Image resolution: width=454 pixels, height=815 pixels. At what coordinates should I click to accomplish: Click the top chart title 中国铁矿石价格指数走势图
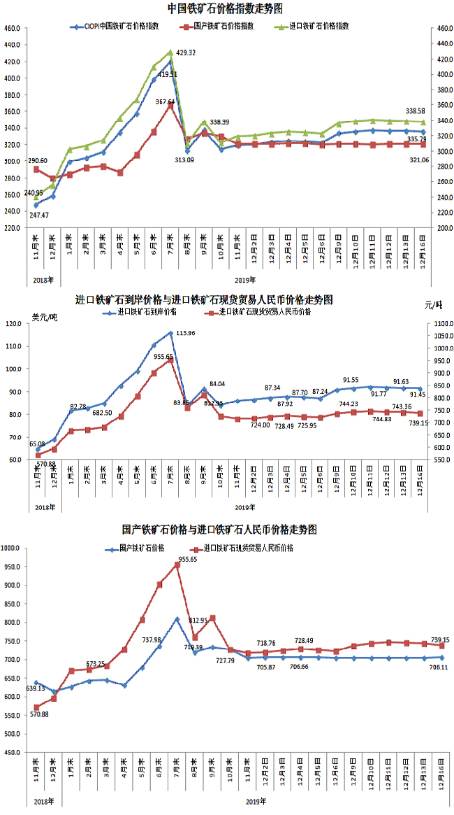point(225,8)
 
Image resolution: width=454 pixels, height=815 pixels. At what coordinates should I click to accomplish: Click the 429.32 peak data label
point(186,53)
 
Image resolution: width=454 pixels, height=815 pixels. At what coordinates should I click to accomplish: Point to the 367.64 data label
point(165,102)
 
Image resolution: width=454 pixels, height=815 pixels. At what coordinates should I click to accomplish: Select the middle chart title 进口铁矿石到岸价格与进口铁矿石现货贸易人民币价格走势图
point(203,299)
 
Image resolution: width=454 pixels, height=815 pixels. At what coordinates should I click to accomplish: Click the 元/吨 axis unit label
point(433,306)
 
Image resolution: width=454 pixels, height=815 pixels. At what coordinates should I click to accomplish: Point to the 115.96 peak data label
point(186,333)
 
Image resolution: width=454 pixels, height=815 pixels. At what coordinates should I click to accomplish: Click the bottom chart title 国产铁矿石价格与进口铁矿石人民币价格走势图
point(224,530)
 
